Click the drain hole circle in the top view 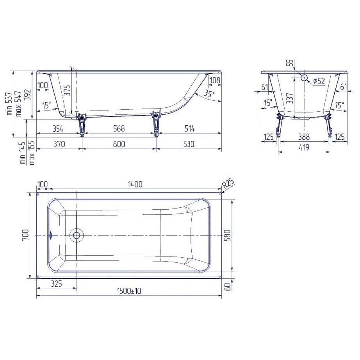76,235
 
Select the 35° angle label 209,94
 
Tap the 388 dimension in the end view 303,137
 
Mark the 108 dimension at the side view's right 215,80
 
